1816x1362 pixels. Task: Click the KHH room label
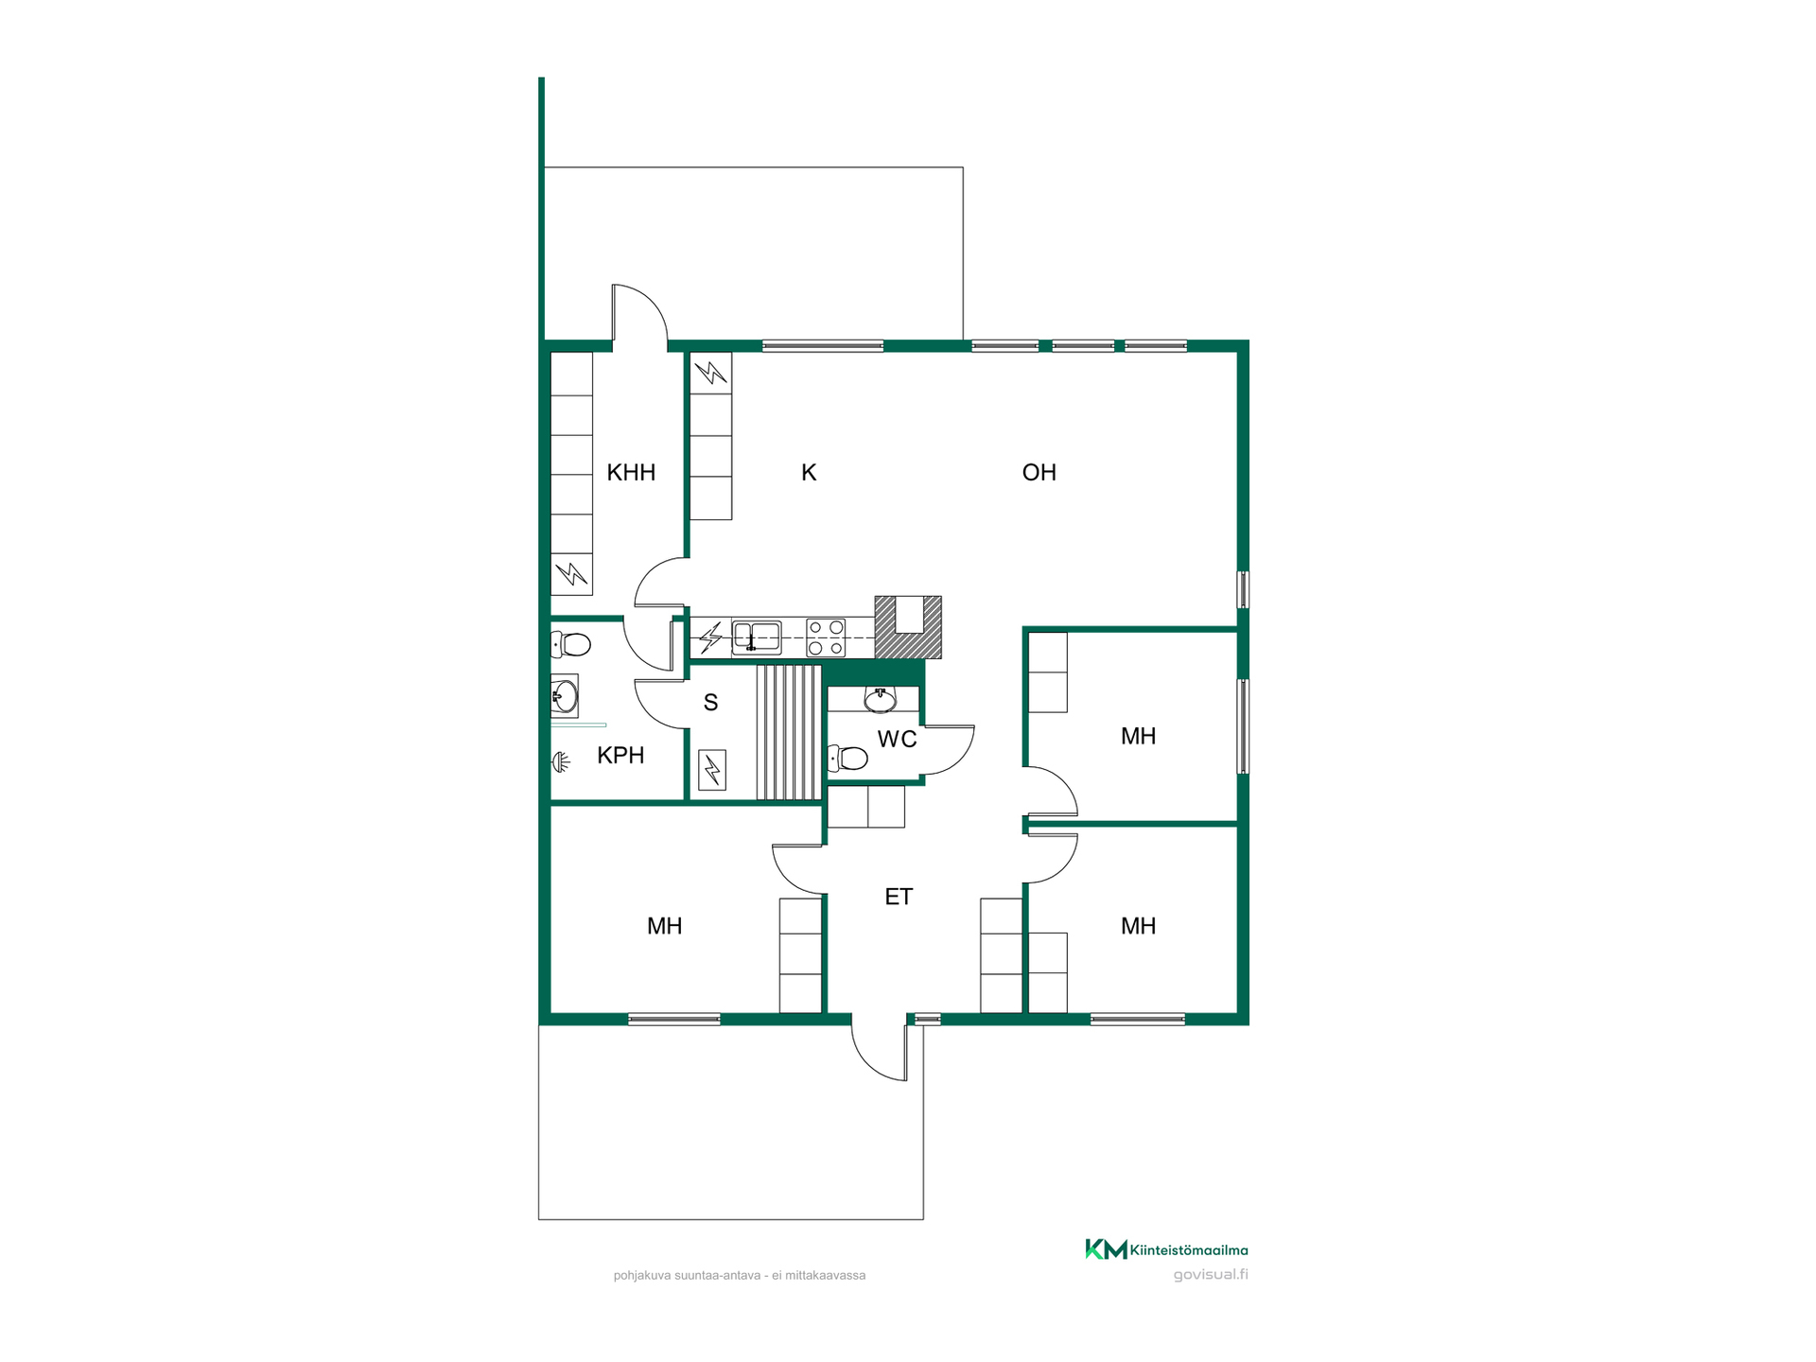click(631, 473)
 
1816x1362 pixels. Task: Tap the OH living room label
click(1039, 473)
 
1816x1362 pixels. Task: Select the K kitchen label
click(809, 473)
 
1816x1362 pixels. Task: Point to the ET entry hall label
click(899, 897)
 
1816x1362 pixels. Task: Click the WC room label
click(897, 740)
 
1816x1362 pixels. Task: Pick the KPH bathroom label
click(620, 756)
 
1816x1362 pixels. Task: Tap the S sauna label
click(710, 703)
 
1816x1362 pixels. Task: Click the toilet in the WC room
click(848, 759)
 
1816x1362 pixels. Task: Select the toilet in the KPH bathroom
click(570, 645)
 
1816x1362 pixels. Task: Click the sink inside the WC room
click(881, 700)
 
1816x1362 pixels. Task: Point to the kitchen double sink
click(757, 637)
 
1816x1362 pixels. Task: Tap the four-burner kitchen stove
click(826, 637)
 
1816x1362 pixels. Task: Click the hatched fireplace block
click(908, 627)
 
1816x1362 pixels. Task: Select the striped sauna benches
click(789, 733)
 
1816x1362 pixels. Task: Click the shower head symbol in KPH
click(561, 761)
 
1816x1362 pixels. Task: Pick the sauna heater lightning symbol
click(712, 770)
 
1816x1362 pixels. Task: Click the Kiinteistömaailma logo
click(1165, 1249)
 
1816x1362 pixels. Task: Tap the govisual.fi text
click(1211, 1275)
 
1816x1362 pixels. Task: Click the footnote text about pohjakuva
click(740, 1276)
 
